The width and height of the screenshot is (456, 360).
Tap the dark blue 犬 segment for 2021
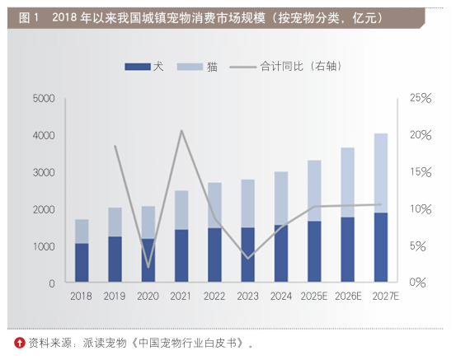[181, 256]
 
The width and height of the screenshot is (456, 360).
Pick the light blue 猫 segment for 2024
[281, 198]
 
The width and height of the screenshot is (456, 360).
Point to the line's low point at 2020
[148, 267]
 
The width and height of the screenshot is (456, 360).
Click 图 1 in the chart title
[26, 16]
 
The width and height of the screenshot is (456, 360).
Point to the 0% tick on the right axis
[421, 283]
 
